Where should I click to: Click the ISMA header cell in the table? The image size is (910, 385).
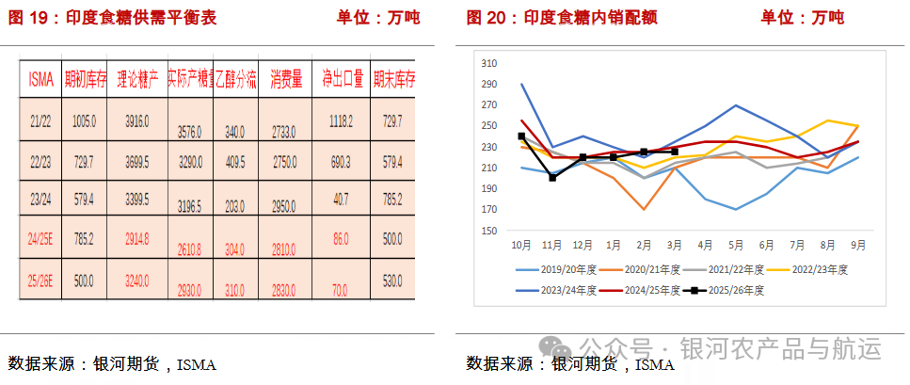click(x=41, y=79)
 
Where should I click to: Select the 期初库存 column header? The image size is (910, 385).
click(x=84, y=79)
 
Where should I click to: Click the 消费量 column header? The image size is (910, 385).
click(x=285, y=79)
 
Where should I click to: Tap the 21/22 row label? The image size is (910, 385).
click(x=41, y=120)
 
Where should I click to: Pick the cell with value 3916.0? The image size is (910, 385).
click(x=137, y=120)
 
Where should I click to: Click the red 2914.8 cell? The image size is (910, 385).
click(x=137, y=240)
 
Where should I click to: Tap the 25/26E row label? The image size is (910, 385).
click(x=41, y=280)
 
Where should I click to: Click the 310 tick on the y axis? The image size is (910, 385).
click(x=488, y=63)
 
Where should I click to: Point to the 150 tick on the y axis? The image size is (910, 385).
click(x=488, y=231)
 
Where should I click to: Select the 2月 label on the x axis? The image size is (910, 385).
click(x=644, y=245)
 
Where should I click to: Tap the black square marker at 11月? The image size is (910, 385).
click(x=552, y=178)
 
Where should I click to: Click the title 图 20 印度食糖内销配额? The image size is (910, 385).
click(x=562, y=18)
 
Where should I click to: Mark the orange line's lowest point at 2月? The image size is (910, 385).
click(x=644, y=209)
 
